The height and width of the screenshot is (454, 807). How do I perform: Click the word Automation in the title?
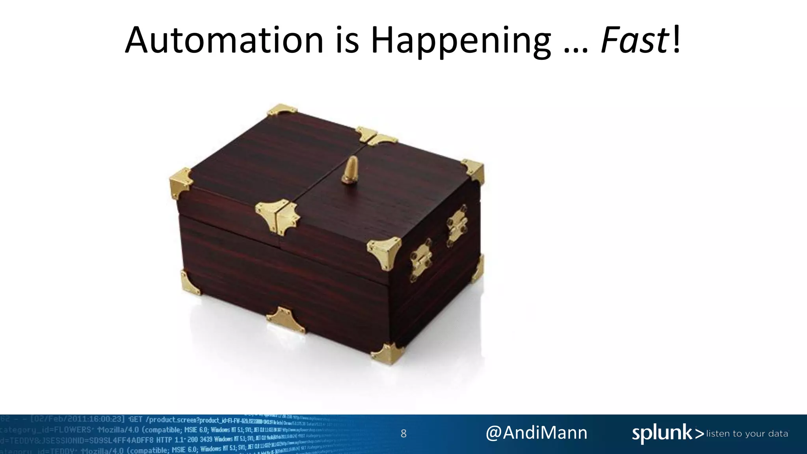224,40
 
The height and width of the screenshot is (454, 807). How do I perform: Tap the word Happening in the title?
460,41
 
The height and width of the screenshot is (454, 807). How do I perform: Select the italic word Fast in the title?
634,40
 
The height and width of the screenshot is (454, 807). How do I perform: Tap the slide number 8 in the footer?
403,434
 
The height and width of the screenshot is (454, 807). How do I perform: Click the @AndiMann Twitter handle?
536,433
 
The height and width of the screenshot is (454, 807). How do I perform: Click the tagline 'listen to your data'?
747,434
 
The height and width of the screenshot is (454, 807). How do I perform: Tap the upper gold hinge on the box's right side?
457,225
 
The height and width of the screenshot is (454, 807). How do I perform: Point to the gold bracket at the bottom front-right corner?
387,353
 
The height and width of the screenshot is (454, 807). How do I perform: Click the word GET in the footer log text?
136,419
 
